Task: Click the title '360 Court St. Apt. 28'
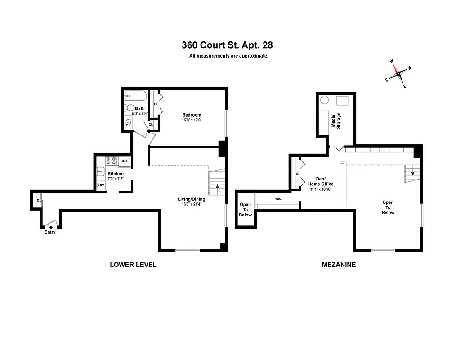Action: [227, 45]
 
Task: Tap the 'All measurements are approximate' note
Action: [228, 56]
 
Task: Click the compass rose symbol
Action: [398, 73]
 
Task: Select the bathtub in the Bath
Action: [135, 96]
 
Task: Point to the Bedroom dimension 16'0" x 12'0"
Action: [192, 120]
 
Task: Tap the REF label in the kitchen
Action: [125, 161]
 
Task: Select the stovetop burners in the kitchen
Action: [111, 161]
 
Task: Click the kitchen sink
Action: [101, 171]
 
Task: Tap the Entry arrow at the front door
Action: [50, 228]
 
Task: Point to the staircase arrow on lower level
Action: [218, 186]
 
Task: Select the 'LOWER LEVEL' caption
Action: [133, 265]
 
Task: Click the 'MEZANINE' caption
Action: [339, 265]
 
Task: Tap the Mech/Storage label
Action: [336, 120]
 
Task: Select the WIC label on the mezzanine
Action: [278, 198]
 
